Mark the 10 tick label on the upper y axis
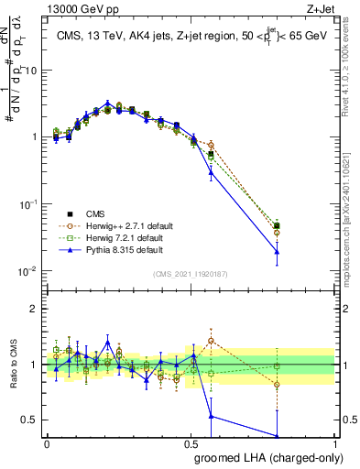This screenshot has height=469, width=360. (x=32, y=70)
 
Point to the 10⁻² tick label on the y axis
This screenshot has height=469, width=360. (x=30, y=271)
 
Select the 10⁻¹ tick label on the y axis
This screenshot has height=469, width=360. (x=30, y=204)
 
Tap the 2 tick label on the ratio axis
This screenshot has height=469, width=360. (x=36, y=309)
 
